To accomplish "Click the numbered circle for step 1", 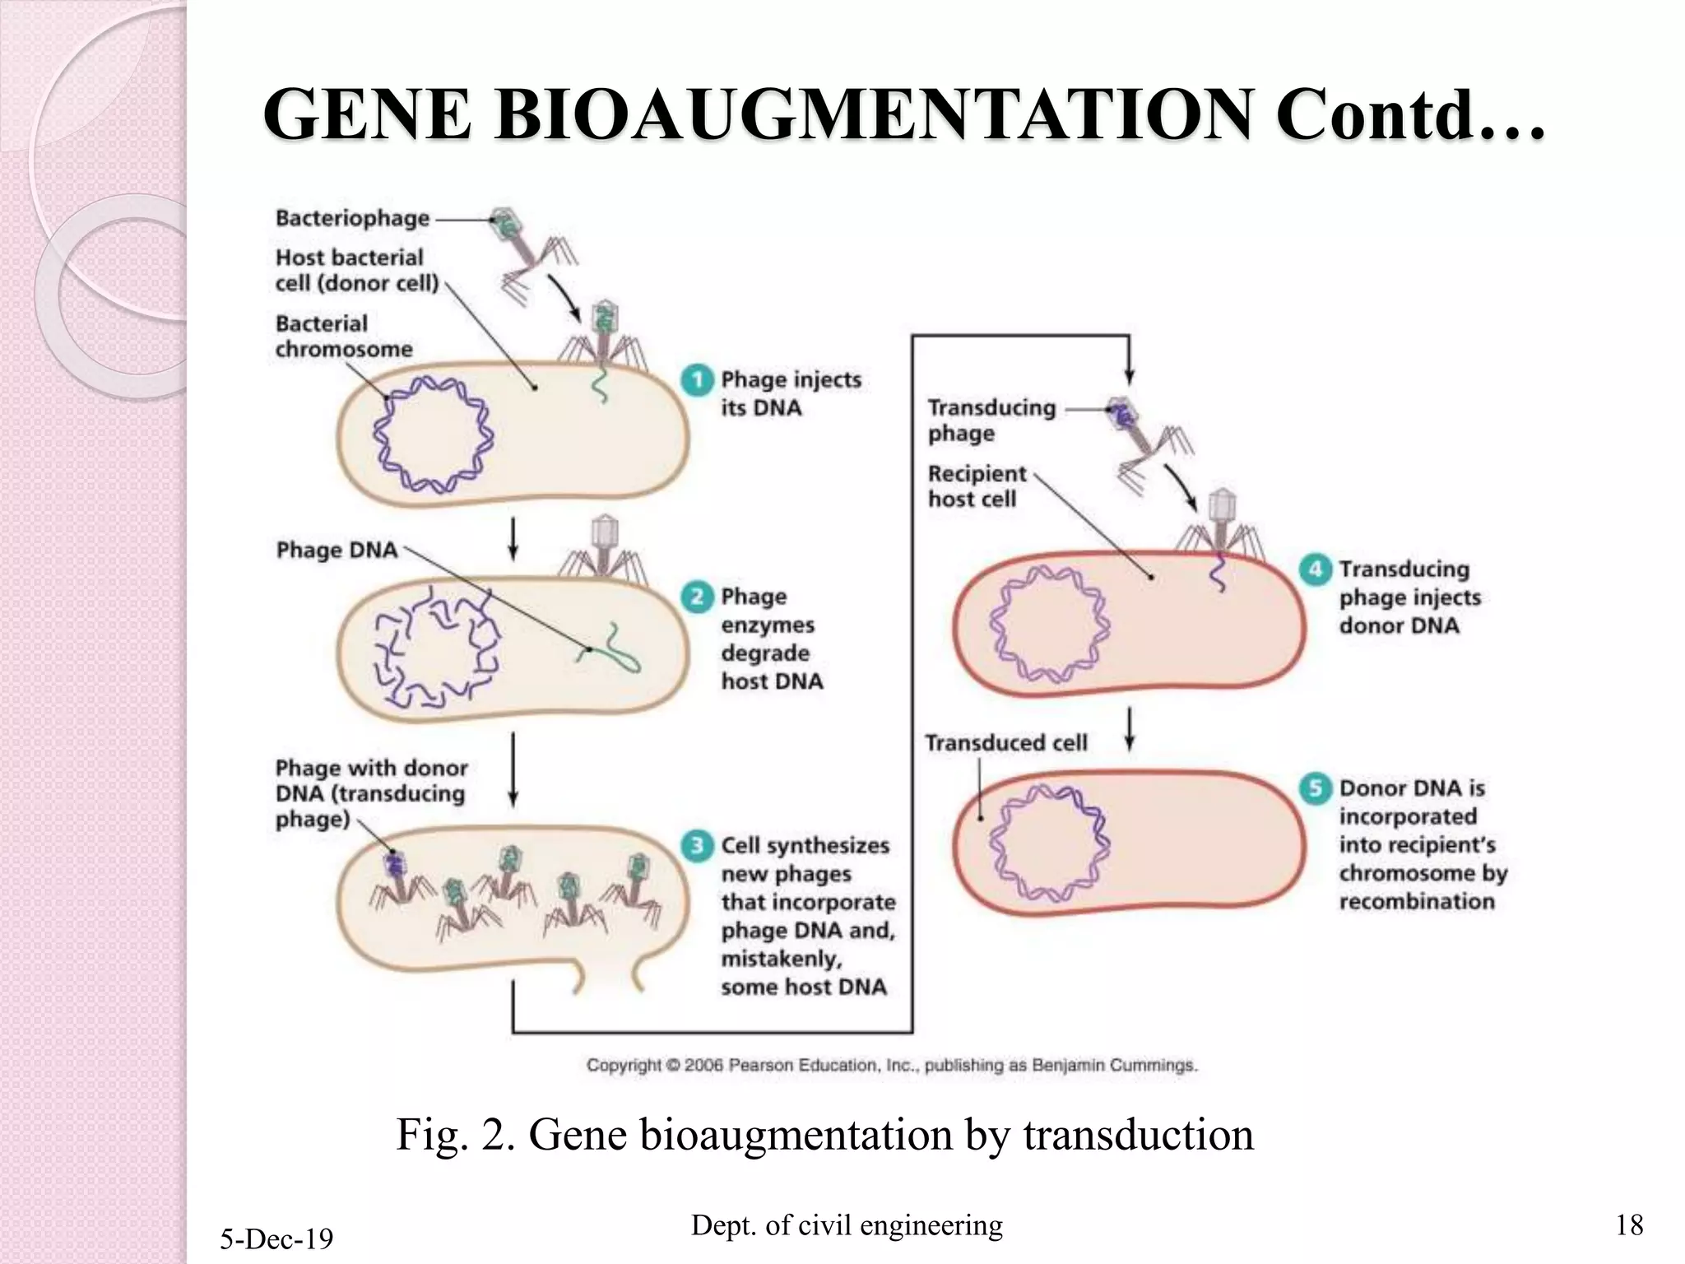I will coord(697,380).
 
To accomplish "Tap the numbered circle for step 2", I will coord(697,597).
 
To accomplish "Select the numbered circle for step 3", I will coord(697,846).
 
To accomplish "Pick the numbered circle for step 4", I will coord(1315,569).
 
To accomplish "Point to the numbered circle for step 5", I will coord(1315,788).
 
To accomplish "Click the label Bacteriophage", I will coord(352,219).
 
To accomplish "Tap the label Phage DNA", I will coord(337,551).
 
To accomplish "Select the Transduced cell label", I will coord(1005,743).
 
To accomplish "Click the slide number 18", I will coord(1629,1225).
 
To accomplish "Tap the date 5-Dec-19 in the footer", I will coord(276,1238).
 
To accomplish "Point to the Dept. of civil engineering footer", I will coord(847,1225).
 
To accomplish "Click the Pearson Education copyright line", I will coord(891,1066).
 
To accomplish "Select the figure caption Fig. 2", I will coord(824,1135).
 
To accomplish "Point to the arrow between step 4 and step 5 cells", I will coord(1130,729).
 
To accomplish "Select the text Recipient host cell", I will coord(976,486).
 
